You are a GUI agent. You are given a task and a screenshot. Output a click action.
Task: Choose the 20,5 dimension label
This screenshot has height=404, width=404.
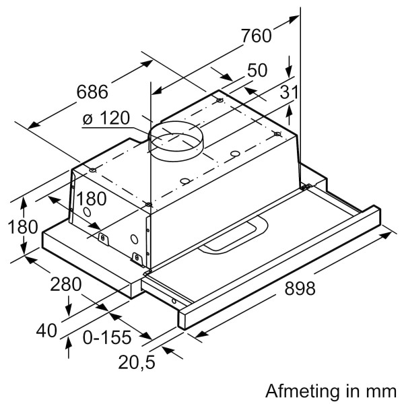point(136,362)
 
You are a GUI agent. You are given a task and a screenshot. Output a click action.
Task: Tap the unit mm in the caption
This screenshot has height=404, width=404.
point(381,391)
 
